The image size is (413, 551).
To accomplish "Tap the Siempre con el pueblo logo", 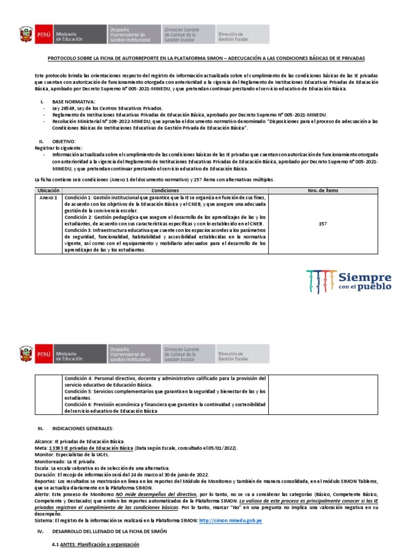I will [x=348, y=281].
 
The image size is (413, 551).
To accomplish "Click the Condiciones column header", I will [x=166, y=191].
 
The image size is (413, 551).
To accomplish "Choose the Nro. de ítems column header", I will [x=323, y=191].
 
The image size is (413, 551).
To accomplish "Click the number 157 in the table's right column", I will [x=323, y=223].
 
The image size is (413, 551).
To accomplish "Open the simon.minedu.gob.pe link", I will [x=230, y=521].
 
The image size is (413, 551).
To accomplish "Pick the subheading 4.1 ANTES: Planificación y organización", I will [x=95, y=545].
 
